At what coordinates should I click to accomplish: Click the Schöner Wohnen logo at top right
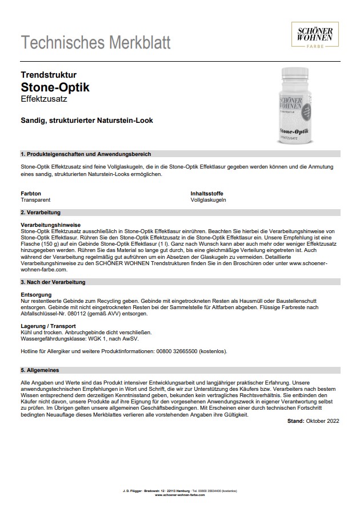click(315, 35)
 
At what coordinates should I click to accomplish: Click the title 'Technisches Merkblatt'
click(95, 42)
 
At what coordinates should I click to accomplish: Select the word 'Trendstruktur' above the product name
click(49, 75)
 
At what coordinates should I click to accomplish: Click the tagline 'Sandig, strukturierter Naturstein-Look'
click(86, 121)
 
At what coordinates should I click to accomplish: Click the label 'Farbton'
click(31, 194)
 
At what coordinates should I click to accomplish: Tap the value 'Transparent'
click(35, 200)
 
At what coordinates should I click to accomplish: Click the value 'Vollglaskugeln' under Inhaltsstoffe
click(209, 200)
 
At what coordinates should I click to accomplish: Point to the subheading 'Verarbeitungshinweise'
click(50, 225)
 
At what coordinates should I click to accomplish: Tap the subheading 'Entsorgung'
click(36, 295)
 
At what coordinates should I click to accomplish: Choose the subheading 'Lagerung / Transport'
click(49, 326)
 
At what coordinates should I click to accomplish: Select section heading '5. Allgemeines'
click(39, 370)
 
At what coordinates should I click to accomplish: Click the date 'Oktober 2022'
click(323, 421)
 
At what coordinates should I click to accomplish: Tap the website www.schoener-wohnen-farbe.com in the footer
click(180, 495)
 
